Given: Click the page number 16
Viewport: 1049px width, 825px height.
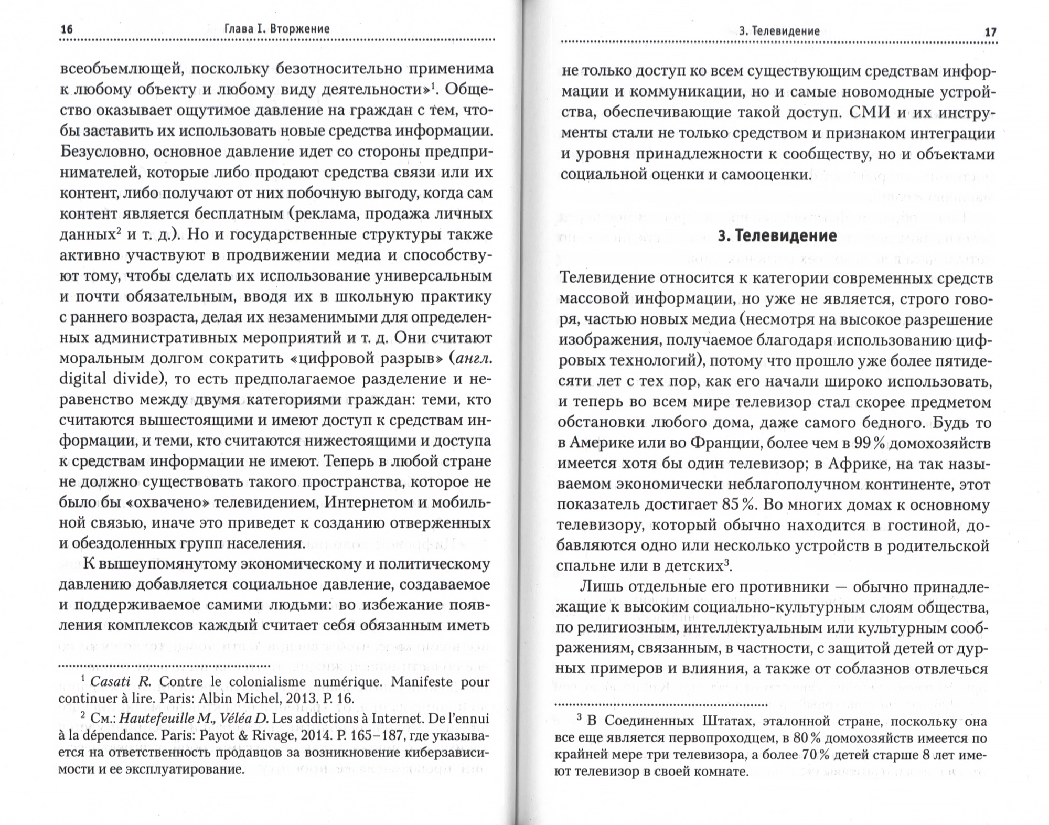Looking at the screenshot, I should coord(67,29).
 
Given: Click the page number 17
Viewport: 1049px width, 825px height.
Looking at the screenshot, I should coord(990,32).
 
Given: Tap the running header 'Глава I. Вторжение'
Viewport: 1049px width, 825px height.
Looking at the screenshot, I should coord(277,29).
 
